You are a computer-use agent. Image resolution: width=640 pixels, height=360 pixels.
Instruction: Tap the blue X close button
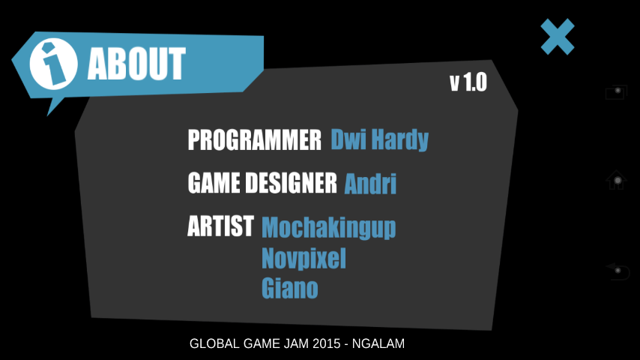[x=558, y=37]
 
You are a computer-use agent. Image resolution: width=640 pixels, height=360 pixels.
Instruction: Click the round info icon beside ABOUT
[x=53, y=64]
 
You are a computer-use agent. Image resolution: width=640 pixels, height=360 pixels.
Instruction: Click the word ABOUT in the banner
[x=136, y=63]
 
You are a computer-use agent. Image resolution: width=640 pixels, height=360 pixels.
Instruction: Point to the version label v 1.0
[x=468, y=82]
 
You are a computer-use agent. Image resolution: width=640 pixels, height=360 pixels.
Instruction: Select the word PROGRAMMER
[x=255, y=139]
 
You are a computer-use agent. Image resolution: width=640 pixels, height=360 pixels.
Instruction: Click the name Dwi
[x=348, y=139]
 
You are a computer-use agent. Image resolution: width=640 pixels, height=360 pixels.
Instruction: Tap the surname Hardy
[x=400, y=140]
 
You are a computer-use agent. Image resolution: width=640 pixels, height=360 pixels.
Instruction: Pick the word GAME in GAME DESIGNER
[x=214, y=182]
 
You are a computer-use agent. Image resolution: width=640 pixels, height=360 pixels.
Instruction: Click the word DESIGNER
[x=291, y=182]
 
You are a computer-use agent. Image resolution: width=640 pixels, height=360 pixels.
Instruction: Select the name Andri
[x=370, y=184]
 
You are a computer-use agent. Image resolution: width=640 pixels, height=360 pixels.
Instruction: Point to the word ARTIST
[x=221, y=226]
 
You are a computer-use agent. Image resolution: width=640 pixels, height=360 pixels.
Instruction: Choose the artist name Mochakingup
[x=328, y=227]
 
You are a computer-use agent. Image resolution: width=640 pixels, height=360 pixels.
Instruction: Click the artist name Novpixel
[x=304, y=259]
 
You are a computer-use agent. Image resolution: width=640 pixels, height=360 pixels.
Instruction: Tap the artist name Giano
[x=290, y=288]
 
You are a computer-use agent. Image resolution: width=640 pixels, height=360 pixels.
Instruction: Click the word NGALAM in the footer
[x=378, y=343]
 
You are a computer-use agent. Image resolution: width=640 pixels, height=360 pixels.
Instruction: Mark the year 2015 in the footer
[x=327, y=343]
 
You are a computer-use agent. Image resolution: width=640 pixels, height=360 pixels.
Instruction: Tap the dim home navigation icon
[x=616, y=180]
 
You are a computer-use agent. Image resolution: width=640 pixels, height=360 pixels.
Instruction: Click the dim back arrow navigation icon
[x=618, y=271]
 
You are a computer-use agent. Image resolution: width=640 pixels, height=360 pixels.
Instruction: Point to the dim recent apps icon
[x=616, y=92]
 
